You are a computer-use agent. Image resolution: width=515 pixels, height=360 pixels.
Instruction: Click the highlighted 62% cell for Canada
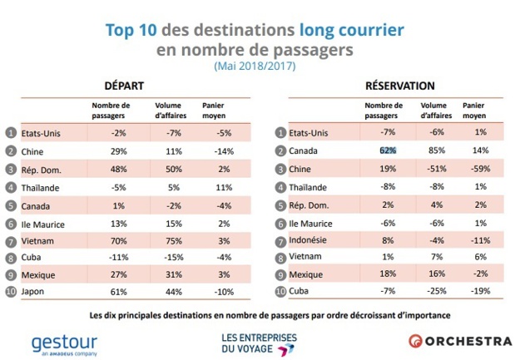pos(387,150)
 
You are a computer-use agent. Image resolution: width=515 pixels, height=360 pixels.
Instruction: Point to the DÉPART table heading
pos(123,86)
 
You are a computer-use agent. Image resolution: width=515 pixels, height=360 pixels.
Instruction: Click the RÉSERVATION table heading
pos(400,86)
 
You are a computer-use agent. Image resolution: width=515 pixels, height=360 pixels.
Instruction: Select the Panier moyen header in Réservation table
pos(474,111)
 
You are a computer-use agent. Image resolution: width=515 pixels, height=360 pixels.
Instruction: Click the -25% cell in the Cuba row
pos(433,292)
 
